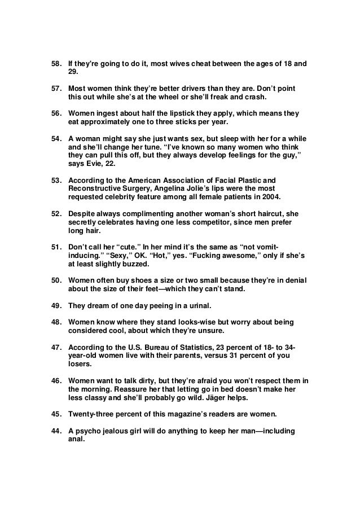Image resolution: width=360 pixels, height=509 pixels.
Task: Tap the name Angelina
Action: (164, 190)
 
